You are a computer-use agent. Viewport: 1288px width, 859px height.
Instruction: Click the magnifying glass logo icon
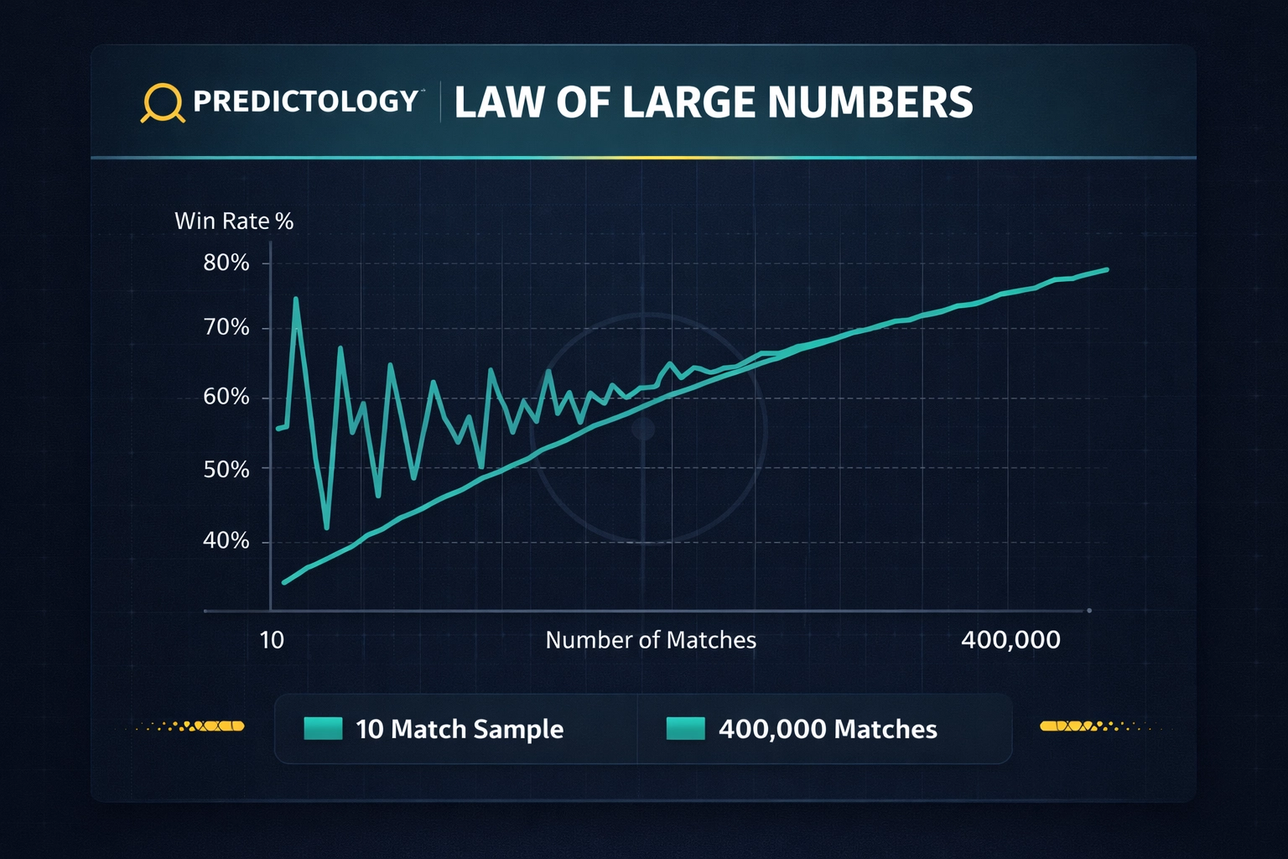[162, 103]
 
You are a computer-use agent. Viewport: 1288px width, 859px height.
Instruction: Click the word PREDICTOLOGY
[305, 102]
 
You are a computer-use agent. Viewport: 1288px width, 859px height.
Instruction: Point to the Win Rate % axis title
[234, 221]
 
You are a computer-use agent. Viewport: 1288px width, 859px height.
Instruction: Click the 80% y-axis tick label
[226, 263]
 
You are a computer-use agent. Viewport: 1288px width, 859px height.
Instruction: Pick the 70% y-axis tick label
[226, 327]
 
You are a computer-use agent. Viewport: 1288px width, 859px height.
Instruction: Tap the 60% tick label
[226, 397]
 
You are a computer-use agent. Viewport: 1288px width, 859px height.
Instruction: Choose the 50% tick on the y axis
[226, 469]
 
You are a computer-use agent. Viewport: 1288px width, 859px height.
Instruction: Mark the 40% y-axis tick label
[226, 540]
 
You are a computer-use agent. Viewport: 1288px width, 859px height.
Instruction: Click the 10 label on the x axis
[272, 640]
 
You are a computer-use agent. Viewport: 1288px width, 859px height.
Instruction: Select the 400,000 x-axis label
[1010, 640]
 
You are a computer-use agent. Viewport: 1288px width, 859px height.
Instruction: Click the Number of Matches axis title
[651, 640]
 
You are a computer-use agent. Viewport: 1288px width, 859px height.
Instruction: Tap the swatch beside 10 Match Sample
[323, 728]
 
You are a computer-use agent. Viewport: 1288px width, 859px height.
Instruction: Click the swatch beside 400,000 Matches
[685, 728]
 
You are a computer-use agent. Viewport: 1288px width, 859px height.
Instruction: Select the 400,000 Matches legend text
[828, 729]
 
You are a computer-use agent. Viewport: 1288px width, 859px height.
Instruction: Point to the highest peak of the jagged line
[296, 299]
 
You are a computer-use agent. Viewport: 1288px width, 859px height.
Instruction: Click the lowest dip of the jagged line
[326, 528]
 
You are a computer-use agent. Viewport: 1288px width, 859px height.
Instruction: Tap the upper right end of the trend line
[1107, 269]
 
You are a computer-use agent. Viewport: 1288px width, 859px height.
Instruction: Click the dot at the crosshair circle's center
[643, 429]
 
